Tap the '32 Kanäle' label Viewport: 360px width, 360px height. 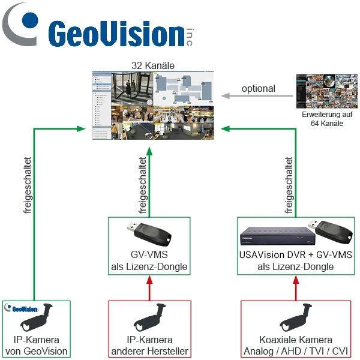(x=153, y=65)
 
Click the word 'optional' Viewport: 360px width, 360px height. (x=258, y=89)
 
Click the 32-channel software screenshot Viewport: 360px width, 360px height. (x=153, y=106)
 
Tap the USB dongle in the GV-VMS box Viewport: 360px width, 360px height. (x=151, y=233)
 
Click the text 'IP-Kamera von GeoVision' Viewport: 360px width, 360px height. (x=37, y=346)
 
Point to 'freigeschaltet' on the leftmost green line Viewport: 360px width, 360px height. (x=27, y=186)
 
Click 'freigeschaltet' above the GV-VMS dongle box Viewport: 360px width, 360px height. (x=142, y=186)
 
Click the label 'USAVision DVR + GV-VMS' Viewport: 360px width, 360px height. (x=295, y=256)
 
